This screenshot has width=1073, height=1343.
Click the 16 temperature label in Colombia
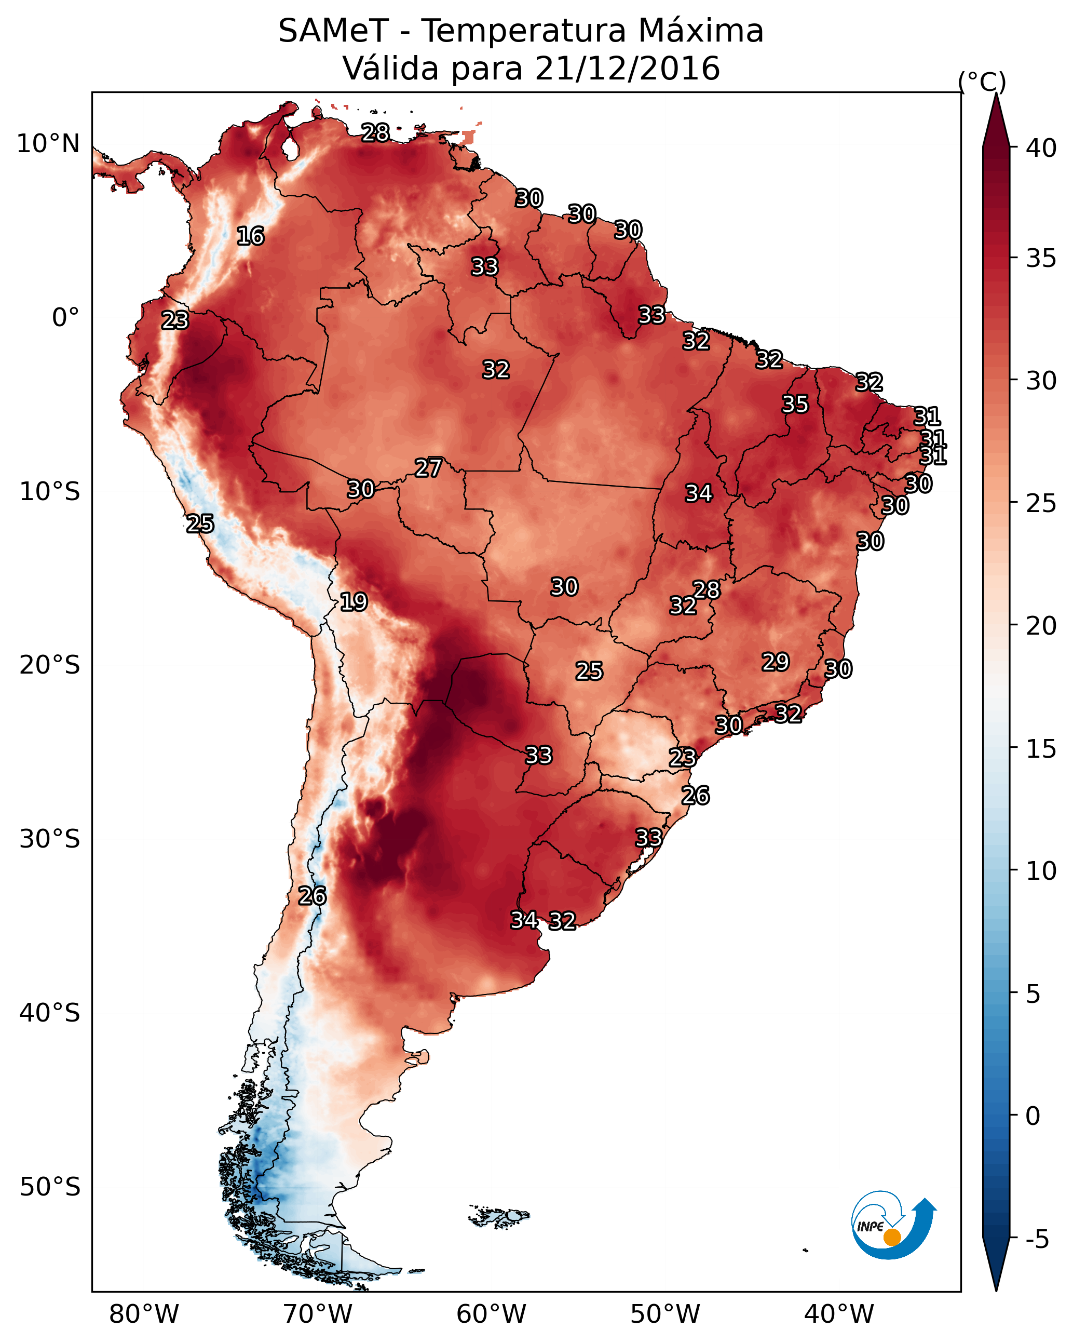pyautogui.click(x=250, y=236)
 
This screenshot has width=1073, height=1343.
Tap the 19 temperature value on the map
pyautogui.click(x=354, y=602)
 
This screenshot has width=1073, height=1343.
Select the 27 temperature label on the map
pyautogui.click(x=428, y=468)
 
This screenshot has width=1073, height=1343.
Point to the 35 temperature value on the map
pyautogui.click(x=795, y=404)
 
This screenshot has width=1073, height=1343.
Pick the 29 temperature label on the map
pyautogui.click(x=776, y=662)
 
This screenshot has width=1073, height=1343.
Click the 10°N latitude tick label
pyautogui.click(x=48, y=144)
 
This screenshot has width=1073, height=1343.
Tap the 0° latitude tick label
pyautogui.click(x=65, y=318)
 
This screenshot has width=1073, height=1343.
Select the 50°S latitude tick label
pyautogui.click(x=50, y=1187)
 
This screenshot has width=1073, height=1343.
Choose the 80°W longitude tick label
pyautogui.click(x=144, y=1314)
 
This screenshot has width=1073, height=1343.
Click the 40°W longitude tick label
pyautogui.click(x=839, y=1314)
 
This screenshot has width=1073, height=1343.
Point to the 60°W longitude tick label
pyautogui.click(x=492, y=1314)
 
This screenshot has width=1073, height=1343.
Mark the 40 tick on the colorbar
pyautogui.click(x=1041, y=148)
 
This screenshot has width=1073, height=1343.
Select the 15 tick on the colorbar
pyautogui.click(x=1041, y=749)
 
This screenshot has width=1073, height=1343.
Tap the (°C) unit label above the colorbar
pyautogui.click(x=982, y=82)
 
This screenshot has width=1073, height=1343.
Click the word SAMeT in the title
pyautogui.click(x=333, y=31)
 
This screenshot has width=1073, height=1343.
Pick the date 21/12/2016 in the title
pyautogui.click(x=627, y=69)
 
